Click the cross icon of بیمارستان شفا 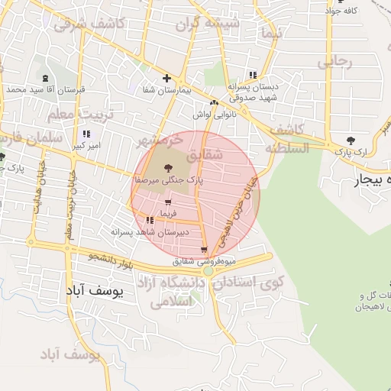166,78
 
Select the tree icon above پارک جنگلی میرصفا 168,166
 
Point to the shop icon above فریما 167,202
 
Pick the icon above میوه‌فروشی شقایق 203,250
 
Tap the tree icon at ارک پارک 351,141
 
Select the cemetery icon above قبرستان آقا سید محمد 45,78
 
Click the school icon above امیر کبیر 86,134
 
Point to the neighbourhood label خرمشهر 160,141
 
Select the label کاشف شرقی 89,24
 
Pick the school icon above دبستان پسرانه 252,75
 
